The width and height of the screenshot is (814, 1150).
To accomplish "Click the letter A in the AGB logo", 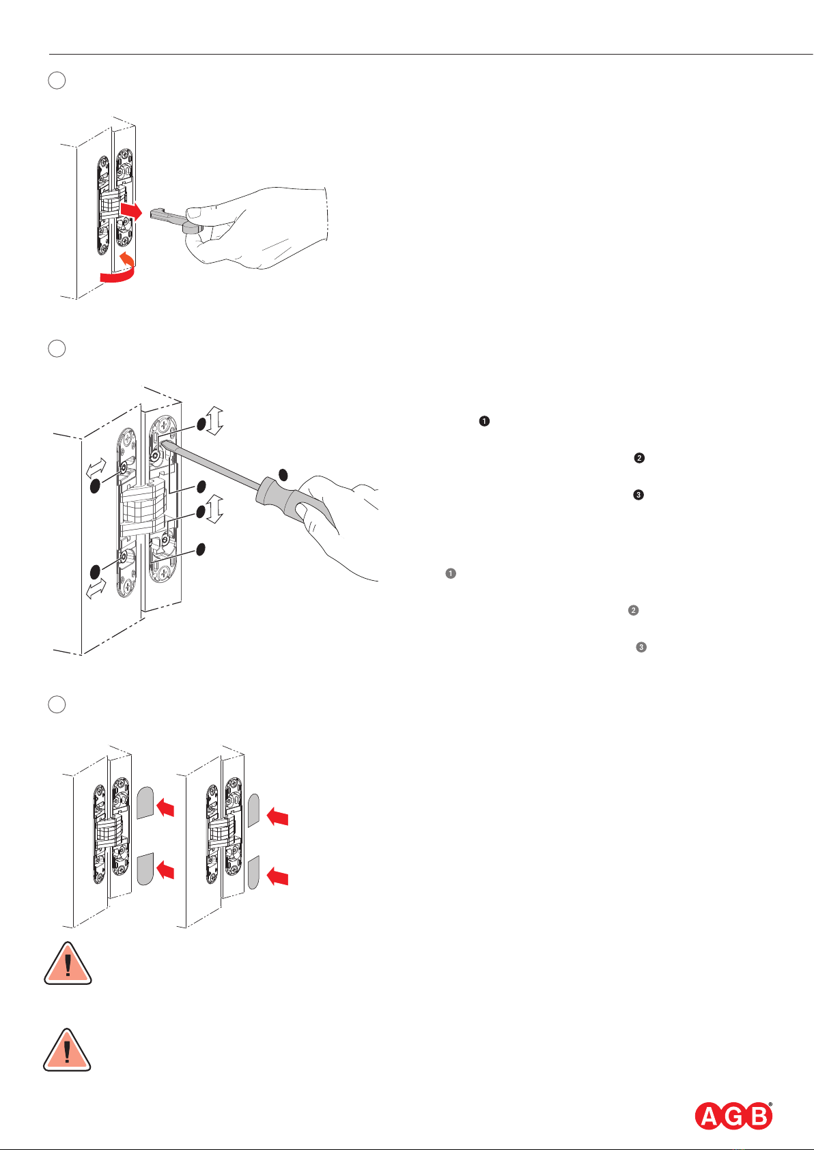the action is (710, 1117).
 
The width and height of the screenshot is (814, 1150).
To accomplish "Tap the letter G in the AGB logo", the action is (734, 1117).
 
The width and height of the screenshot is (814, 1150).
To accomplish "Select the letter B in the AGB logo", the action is (758, 1117).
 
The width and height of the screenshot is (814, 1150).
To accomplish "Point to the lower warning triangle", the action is (68, 1050).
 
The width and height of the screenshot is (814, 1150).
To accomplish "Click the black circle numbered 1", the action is (484, 421).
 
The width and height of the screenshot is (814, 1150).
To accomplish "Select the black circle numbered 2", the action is (639, 458).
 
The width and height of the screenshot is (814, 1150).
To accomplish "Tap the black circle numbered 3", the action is (638, 495).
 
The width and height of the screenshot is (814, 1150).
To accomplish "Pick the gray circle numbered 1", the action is (451, 573).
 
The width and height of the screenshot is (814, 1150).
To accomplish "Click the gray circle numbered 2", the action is (633, 610).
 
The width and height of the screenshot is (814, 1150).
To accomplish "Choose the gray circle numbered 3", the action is (641, 648).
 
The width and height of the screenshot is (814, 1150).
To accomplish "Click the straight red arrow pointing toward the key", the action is (131, 210).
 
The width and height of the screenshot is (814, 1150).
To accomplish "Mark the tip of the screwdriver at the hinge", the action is (161, 441).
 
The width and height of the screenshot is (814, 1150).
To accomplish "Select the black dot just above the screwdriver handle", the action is (283, 474).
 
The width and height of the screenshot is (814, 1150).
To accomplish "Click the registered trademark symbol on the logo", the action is (770, 1104).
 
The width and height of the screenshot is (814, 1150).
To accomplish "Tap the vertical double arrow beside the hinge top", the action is (214, 421).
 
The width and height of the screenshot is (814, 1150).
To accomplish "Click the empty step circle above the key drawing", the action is (57, 81).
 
